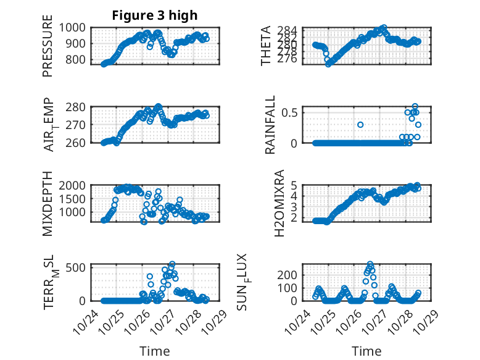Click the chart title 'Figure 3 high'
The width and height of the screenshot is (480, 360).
tap(155, 15)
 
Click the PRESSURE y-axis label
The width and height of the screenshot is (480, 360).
tap(48, 50)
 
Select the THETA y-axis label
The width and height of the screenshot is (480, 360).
tap(266, 46)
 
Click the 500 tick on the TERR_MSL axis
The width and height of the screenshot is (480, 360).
tap(78, 267)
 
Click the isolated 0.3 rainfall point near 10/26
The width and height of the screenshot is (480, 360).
tap(360, 125)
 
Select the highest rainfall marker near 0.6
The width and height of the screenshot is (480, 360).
tap(415, 106)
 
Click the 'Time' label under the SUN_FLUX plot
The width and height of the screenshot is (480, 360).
tap(366, 351)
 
